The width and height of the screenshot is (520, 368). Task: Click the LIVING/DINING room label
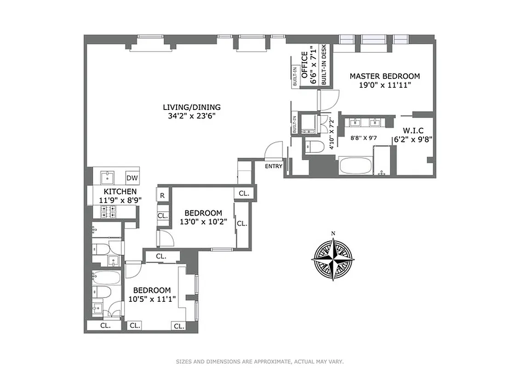pyautogui.click(x=189, y=107)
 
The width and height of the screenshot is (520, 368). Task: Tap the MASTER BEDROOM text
pyautogui.click(x=384, y=76)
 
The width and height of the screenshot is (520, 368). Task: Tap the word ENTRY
pyautogui.click(x=274, y=167)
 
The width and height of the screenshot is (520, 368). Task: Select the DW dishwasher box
pyautogui.click(x=132, y=178)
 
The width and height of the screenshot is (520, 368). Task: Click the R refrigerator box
pyautogui.click(x=162, y=195)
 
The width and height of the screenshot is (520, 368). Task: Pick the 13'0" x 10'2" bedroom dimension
pyautogui.click(x=203, y=223)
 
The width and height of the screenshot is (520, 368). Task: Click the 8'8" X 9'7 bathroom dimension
pyautogui.click(x=363, y=137)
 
